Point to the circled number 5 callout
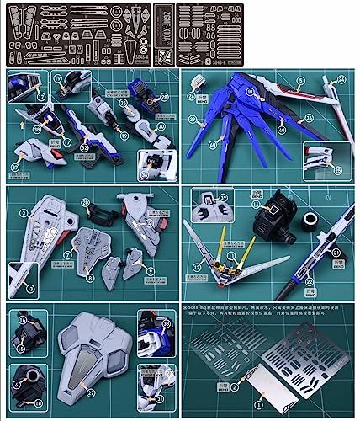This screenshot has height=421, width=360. (299, 81)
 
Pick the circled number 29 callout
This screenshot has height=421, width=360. (193, 120)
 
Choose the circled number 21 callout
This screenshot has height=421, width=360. (336, 252)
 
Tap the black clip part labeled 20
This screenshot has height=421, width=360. (102, 215)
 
